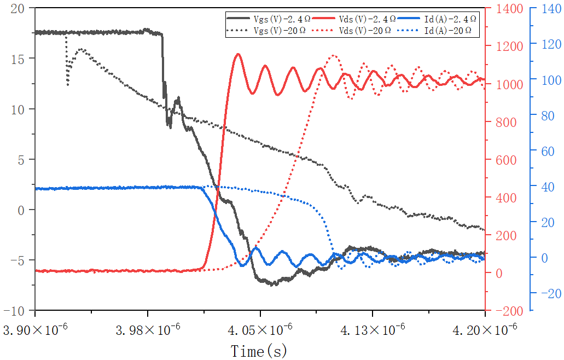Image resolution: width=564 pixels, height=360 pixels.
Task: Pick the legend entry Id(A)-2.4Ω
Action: (x=450, y=19)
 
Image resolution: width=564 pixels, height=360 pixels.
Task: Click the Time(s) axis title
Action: (x=259, y=351)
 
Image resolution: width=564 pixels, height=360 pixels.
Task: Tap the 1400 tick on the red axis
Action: (x=509, y=8)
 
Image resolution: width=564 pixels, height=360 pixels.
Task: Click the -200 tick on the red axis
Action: (x=508, y=310)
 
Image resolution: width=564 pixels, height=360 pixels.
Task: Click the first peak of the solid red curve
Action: (x=238, y=54)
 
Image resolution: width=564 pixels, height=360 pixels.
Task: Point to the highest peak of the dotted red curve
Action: (x=333, y=55)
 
